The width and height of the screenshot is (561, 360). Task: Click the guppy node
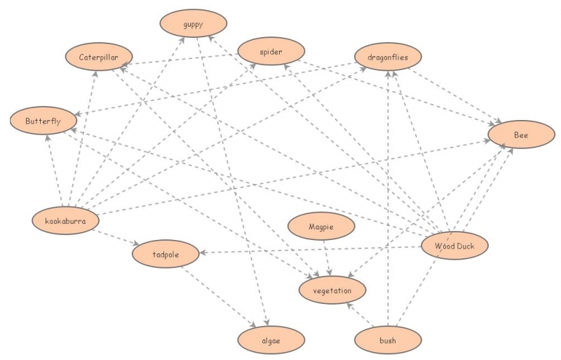pyautogui.click(x=193, y=25)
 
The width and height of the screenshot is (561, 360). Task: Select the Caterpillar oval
pyautogui.click(x=99, y=57)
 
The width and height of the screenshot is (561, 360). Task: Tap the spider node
pyautogui.click(x=271, y=51)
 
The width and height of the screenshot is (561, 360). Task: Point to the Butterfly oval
pyautogui.click(x=43, y=121)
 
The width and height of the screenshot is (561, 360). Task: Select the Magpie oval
pyautogui.click(x=321, y=227)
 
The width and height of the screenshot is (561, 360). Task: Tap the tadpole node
pyautogui.click(x=165, y=253)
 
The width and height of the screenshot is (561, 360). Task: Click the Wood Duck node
pyautogui.click(x=454, y=246)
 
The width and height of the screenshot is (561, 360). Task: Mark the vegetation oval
pyautogui.click(x=333, y=289)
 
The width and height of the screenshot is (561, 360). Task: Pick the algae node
pyautogui.click(x=271, y=340)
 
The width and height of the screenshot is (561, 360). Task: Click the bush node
pyautogui.click(x=388, y=340)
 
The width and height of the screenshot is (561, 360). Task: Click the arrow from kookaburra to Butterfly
pyautogui.click(x=54, y=169)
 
